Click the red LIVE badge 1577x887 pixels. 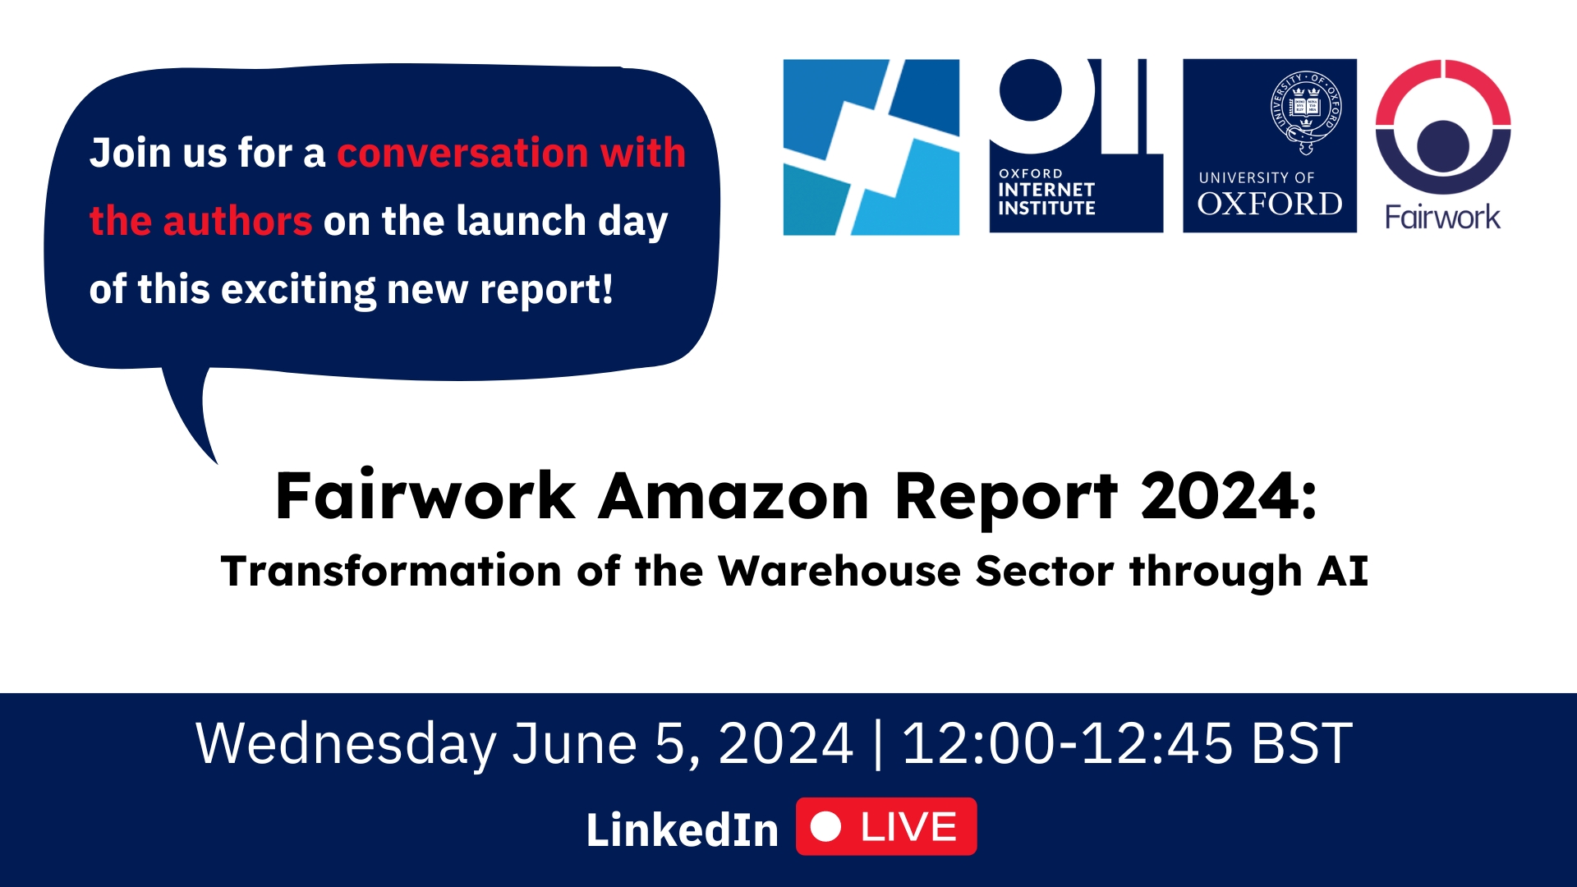pyautogui.click(x=886, y=826)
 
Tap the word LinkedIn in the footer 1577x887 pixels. pyautogui.click(x=682, y=830)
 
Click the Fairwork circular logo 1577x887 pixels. pyautogui.click(x=1443, y=126)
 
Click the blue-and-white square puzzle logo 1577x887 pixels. pyautogui.click(x=871, y=147)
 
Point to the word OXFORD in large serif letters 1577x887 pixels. pyautogui.click(x=1270, y=204)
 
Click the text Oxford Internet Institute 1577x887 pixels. pyautogui.click(x=1046, y=192)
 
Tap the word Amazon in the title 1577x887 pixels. pyautogui.click(x=733, y=497)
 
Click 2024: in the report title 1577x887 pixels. pyautogui.click(x=1229, y=497)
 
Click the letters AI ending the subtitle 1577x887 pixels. pyautogui.click(x=1343, y=571)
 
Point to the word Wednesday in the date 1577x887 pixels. pyautogui.click(x=346, y=744)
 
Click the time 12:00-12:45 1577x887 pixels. pyautogui.click(x=1067, y=744)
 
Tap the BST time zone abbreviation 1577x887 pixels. pyautogui.click(x=1302, y=744)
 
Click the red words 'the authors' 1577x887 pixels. pyautogui.click(x=200, y=221)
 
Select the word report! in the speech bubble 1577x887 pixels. pyautogui.click(x=546, y=291)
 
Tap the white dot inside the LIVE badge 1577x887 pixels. pyautogui.click(x=825, y=827)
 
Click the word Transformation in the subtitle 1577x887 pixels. pyautogui.click(x=391, y=571)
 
